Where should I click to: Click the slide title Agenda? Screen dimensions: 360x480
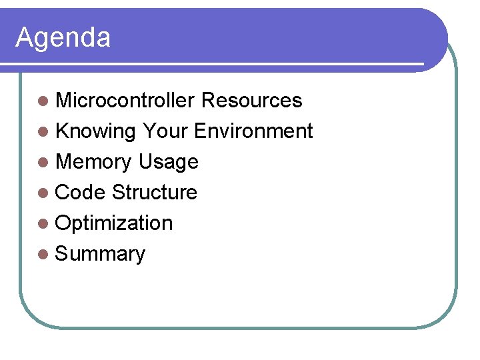63,38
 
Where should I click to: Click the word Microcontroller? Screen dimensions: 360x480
125,101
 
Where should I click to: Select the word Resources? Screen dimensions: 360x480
251,101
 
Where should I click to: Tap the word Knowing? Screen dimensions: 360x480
96,131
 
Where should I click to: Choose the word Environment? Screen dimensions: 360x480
253,131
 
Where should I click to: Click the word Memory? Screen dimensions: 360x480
93,162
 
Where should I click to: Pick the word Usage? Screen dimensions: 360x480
168,162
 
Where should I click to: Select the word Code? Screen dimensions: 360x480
81,193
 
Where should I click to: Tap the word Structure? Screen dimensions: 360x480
155,193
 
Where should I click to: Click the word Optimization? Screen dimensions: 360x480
114,223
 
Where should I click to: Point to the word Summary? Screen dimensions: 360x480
100,254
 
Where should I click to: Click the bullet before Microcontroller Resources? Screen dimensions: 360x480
43,101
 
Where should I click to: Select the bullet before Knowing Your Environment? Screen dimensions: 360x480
43,132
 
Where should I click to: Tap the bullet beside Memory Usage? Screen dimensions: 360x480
43,163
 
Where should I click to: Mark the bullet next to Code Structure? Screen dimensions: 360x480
43,193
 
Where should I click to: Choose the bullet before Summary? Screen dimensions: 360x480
43,255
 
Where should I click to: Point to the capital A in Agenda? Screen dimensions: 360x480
25,37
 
